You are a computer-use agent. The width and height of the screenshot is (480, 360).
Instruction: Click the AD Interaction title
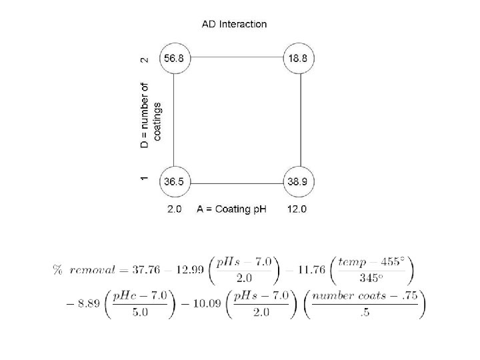click(x=234, y=25)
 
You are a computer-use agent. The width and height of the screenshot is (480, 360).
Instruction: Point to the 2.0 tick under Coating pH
click(x=174, y=209)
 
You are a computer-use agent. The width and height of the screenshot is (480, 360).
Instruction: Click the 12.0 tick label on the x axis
click(x=297, y=209)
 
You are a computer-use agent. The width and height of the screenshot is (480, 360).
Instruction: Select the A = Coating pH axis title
click(x=231, y=209)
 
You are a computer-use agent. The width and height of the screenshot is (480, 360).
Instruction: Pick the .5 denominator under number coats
click(x=364, y=314)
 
